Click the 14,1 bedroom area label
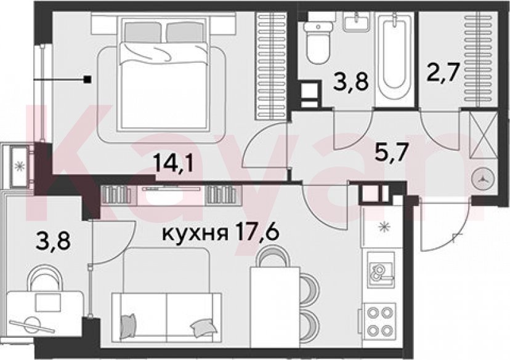pos(174,163)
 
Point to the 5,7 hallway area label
pos(391,152)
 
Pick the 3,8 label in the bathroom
pos(350,82)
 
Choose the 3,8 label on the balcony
pos(53,241)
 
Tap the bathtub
pos(394,52)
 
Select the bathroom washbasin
pos(357,21)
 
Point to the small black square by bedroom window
pos(87,79)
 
